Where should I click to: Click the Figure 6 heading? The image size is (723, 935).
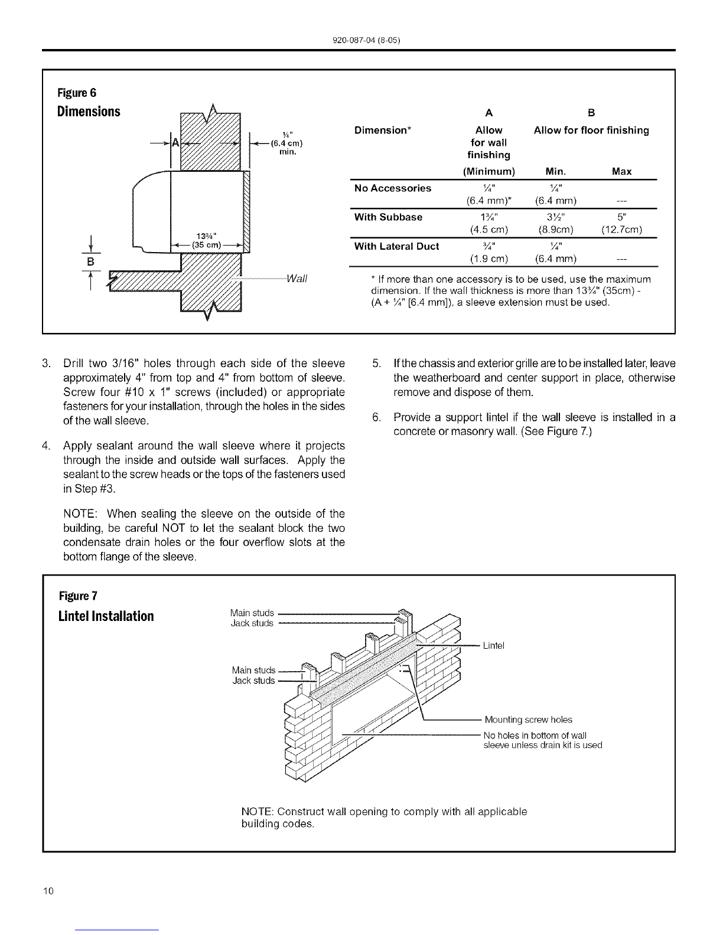[77, 93]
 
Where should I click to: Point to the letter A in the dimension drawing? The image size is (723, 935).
[175, 142]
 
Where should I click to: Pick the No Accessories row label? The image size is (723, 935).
[392, 188]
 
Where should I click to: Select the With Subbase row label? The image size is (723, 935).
[387, 217]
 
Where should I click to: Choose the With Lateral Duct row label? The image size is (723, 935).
[396, 246]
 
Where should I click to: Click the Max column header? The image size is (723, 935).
[622, 172]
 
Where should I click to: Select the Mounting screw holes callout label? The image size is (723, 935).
[528, 720]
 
